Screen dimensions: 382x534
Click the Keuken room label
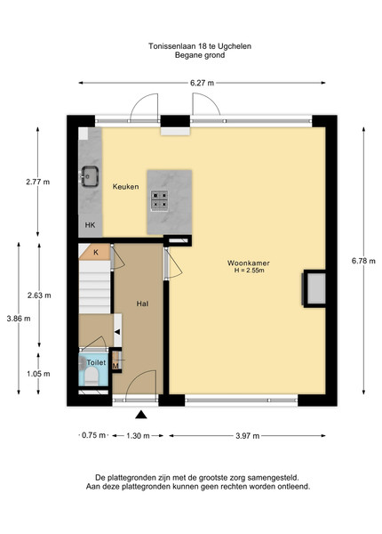(x=126, y=187)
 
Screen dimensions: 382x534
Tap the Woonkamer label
(x=249, y=263)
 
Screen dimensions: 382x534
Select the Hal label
(x=142, y=303)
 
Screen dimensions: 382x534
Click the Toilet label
(x=96, y=362)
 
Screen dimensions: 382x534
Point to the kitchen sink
(x=90, y=176)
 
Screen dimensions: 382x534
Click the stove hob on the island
(x=159, y=200)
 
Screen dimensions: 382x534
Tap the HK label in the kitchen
(x=90, y=225)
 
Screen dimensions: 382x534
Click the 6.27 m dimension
(x=202, y=83)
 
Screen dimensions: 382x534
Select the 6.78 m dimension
(x=363, y=261)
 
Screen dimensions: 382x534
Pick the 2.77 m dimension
(x=37, y=182)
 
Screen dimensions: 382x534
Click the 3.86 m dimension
(x=19, y=319)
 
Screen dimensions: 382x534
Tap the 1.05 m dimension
(x=38, y=374)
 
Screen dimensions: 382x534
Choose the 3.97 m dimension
(x=248, y=436)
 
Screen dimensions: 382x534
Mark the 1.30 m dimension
(x=138, y=435)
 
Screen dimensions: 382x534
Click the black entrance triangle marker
(x=141, y=415)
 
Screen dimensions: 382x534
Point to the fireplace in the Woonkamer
(x=314, y=288)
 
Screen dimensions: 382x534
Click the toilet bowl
(x=92, y=377)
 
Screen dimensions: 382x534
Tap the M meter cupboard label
(x=115, y=367)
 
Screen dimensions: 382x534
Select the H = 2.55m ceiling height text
(x=249, y=271)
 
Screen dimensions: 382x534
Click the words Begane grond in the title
(x=200, y=55)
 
